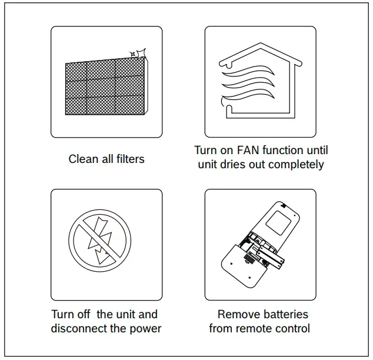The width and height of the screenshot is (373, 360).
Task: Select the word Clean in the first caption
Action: pyautogui.click(x=82, y=159)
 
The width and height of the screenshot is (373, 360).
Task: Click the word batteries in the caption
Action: pyautogui.click(x=284, y=315)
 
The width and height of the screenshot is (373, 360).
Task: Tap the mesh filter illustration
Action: pyautogui.click(x=103, y=88)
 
